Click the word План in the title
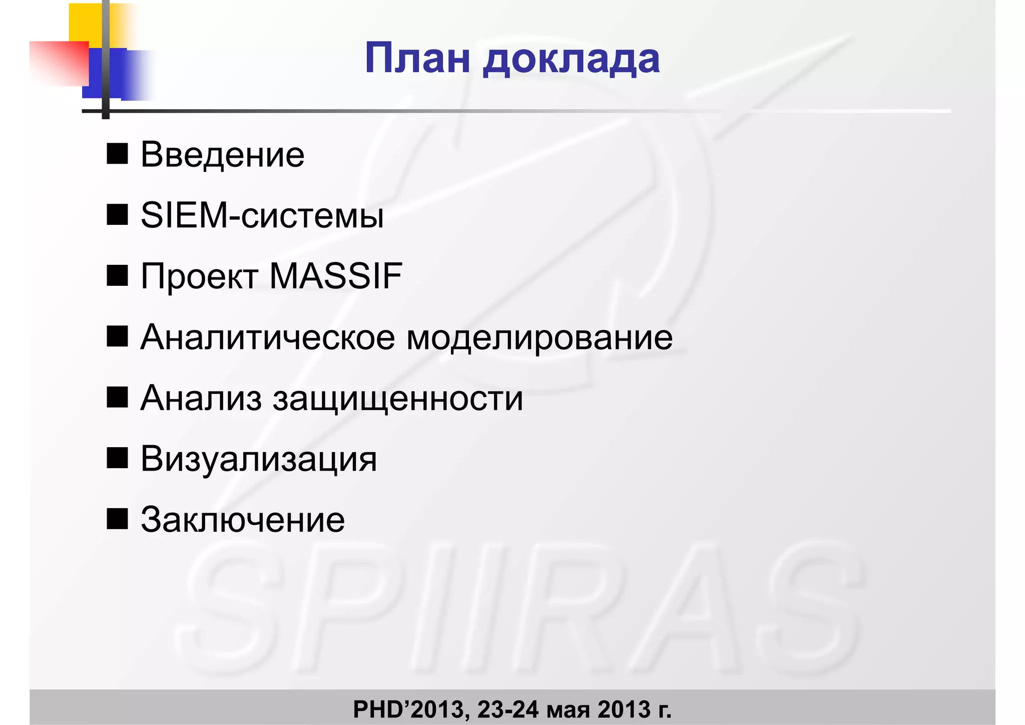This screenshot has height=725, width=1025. click(417, 59)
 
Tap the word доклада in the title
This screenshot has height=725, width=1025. click(571, 60)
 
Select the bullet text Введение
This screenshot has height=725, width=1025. click(222, 155)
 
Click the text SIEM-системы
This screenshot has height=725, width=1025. click(262, 216)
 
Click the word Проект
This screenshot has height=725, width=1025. click(199, 277)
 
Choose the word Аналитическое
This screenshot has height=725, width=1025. click(268, 337)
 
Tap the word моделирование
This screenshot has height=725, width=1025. click(540, 337)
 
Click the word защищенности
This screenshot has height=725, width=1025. click(398, 399)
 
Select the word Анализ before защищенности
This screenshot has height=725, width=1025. click(201, 399)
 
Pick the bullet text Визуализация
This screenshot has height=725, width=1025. click(258, 459)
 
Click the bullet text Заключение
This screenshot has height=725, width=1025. click(243, 520)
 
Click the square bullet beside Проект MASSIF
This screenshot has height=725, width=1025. click(117, 275)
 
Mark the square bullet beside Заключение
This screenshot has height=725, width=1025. click(117, 519)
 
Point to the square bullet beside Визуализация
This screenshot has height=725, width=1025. click(117, 458)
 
